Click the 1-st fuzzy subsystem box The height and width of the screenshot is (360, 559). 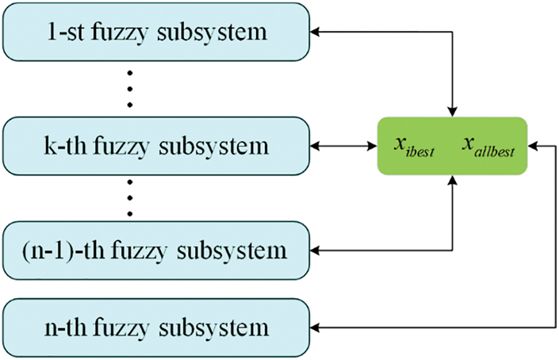tap(156, 32)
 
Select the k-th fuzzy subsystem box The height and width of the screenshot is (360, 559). tap(156, 146)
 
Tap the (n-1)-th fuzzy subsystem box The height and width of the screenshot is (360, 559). tap(156, 251)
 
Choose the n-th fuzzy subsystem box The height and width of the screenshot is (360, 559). tap(156, 328)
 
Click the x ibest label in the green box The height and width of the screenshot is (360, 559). tap(414, 147)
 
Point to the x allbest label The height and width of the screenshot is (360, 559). tap(488, 147)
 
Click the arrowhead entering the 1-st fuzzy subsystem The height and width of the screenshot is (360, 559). tap(315, 32)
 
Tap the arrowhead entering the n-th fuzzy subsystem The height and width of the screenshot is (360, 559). tap(315, 328)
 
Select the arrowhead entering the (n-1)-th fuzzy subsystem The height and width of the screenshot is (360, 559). tap(315, 251)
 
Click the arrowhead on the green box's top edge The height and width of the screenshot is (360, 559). tap(453, 112)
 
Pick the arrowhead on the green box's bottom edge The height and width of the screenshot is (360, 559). tap(453, 180)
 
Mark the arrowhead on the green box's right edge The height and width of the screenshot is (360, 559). tap(533, 146)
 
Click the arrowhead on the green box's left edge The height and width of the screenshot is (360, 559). tap(373, 146)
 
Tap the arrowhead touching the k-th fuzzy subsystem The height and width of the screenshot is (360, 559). tap(315, 146)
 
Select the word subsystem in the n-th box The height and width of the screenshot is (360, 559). tap(213, 328)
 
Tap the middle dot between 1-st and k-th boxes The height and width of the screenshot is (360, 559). tap(130, 89)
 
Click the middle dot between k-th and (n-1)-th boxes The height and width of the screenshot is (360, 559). tap(130, 198)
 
